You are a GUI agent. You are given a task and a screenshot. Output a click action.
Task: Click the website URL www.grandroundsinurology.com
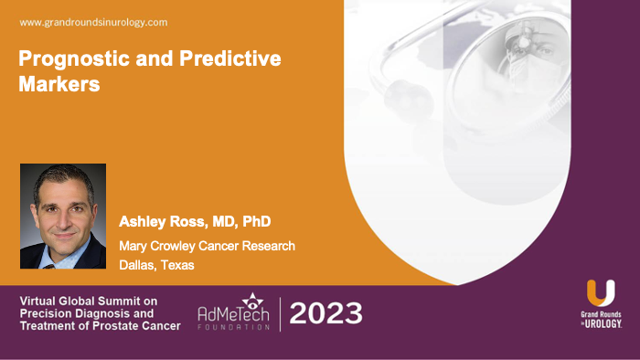click(x=93, y=21)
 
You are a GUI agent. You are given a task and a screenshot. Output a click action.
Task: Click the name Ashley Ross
click(x=159, y=222)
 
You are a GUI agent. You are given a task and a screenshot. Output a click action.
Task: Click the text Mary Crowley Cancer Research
click(x=207, y=246)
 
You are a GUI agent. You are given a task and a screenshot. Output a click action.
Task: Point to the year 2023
click(x=325, y=313)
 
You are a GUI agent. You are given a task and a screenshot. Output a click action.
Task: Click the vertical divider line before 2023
click(x=280, y=313)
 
